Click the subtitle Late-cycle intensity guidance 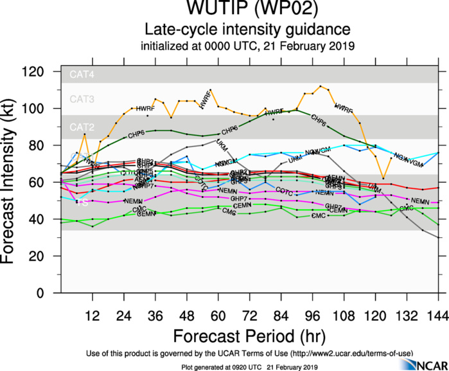(247, 30)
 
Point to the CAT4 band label (82, 75)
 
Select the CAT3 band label (82, 100)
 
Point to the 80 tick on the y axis (46, 145)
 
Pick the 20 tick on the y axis (46, 256)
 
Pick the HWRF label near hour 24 (146, 109)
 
